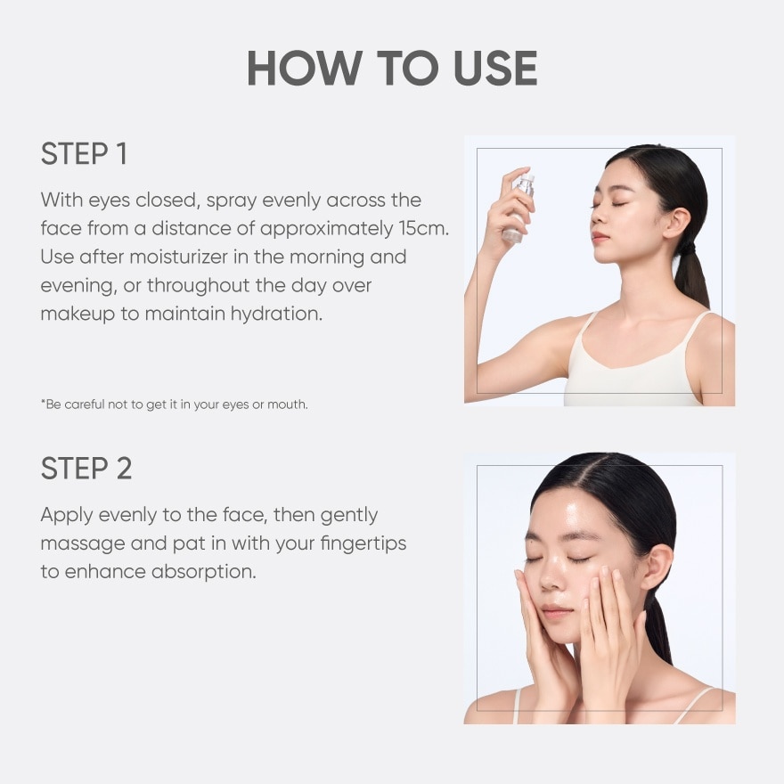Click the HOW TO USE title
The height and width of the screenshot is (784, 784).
(x=392, y=68)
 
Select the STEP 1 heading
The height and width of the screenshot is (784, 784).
(x=84, y=153)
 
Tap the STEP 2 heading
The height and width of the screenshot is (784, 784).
(x=86, y=469)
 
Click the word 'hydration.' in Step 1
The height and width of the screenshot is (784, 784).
(x=276, y=314)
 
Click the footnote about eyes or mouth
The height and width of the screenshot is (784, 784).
(x=175, y=404)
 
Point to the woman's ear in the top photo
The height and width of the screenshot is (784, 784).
(x=677, y=223)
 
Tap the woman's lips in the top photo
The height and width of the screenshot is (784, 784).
(x=600, y=236)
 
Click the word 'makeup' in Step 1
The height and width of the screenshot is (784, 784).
(x=78, y=314)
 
